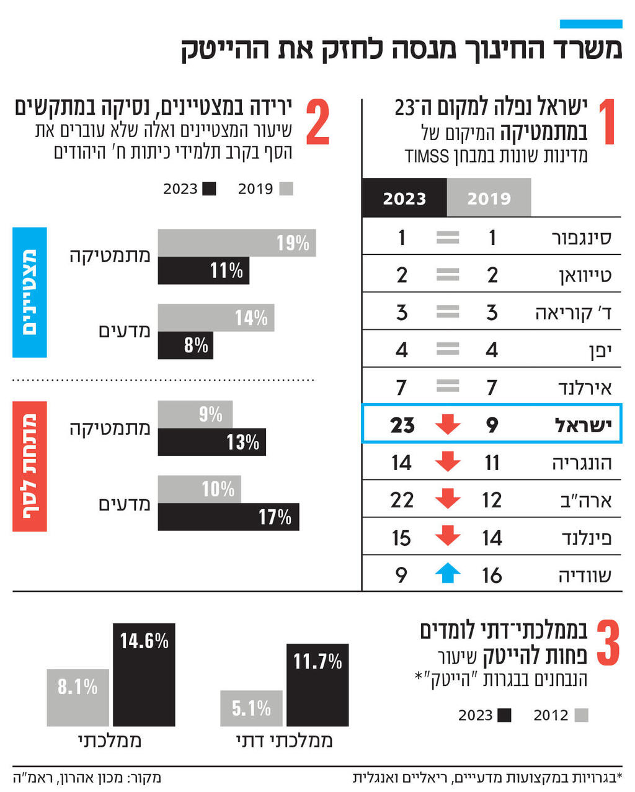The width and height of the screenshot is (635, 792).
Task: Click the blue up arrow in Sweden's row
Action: (x=447, y=574)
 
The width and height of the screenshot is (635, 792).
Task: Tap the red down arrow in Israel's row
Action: (x=447, y=425)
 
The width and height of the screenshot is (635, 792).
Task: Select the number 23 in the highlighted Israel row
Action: (x=402, y=425)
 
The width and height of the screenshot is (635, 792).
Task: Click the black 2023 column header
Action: (x=404, y=198)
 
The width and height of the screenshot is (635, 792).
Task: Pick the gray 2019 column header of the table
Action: (x=489, y=198)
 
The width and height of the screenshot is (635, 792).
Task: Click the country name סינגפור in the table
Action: (x=581, y=238)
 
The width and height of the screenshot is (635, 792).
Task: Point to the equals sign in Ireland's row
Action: (x=447, y=387)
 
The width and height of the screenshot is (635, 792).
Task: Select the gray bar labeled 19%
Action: (x=236, y=242)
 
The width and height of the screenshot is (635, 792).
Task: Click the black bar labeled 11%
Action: (x=203, y=270)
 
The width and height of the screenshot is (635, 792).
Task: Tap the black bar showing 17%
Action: (x=228, y=517)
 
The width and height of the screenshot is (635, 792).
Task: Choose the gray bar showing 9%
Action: (x=195, y=414)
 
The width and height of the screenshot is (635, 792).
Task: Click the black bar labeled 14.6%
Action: (x=144, y=674)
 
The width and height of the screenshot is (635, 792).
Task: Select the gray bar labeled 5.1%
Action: (x=251, y=708)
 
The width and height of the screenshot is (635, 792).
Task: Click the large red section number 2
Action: (x=317, y=123)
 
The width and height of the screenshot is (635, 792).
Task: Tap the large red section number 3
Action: (x=608, y=644)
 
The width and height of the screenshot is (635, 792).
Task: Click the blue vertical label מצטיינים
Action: (x=30, y=292)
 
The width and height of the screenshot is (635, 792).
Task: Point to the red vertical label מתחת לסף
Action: (x=30, y=466)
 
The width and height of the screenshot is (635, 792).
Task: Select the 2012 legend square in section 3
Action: (x=581, y=715)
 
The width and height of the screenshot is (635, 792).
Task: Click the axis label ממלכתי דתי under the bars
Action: (x=284, y=741)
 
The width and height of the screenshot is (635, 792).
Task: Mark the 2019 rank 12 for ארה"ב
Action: (x=492, y=500)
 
